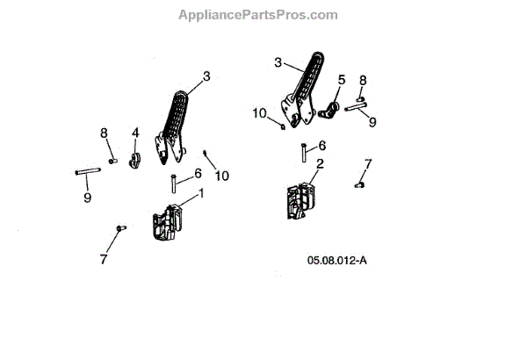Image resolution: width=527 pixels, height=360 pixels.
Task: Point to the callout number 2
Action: (x=320, y=164)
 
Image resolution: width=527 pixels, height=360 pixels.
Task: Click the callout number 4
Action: (x=135, y=133)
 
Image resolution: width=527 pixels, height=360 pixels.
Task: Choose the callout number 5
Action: (x=342, y=80)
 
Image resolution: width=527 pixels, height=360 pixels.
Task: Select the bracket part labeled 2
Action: (x=299, y=202)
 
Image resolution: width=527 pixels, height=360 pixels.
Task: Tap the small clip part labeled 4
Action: (x=136, y=161)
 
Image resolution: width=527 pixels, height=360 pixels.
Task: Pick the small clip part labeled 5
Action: (x=333, y=110)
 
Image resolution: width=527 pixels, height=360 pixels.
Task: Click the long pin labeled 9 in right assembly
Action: (x=358, y=108)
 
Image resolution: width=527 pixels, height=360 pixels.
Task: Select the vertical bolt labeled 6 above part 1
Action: (x=174, y=184)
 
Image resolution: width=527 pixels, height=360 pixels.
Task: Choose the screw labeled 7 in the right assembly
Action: (x=359, y=184)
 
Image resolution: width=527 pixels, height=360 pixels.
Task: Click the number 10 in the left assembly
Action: (x=221, y=176)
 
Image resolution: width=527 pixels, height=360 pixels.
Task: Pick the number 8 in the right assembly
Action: (x=363, y=80)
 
